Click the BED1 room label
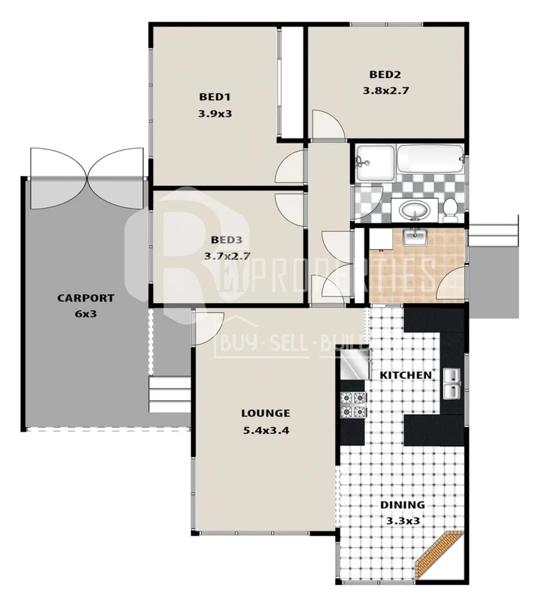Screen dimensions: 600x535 tap(215, 97)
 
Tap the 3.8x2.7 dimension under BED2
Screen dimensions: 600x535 tap(386, 91)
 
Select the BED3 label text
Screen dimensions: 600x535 tap(227, 240)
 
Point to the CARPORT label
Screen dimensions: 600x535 tap(86, 298)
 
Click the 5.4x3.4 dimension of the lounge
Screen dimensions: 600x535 tap(265, 429)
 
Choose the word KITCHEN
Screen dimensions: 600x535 tap(405, 375)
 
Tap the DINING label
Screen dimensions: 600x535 tap(402, 505)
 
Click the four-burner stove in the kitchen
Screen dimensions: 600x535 tap(354, 404)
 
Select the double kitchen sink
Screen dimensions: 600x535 tap(452, 384)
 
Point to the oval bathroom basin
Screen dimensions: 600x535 tap(414, 210)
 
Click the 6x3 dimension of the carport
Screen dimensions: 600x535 tap(86, 313)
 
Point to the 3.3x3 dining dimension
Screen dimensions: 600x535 tap(402, 521)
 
